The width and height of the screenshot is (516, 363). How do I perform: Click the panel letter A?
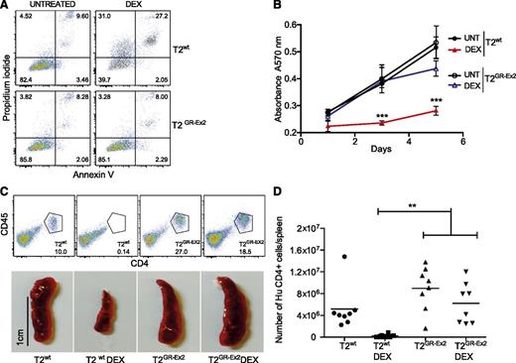7,8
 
